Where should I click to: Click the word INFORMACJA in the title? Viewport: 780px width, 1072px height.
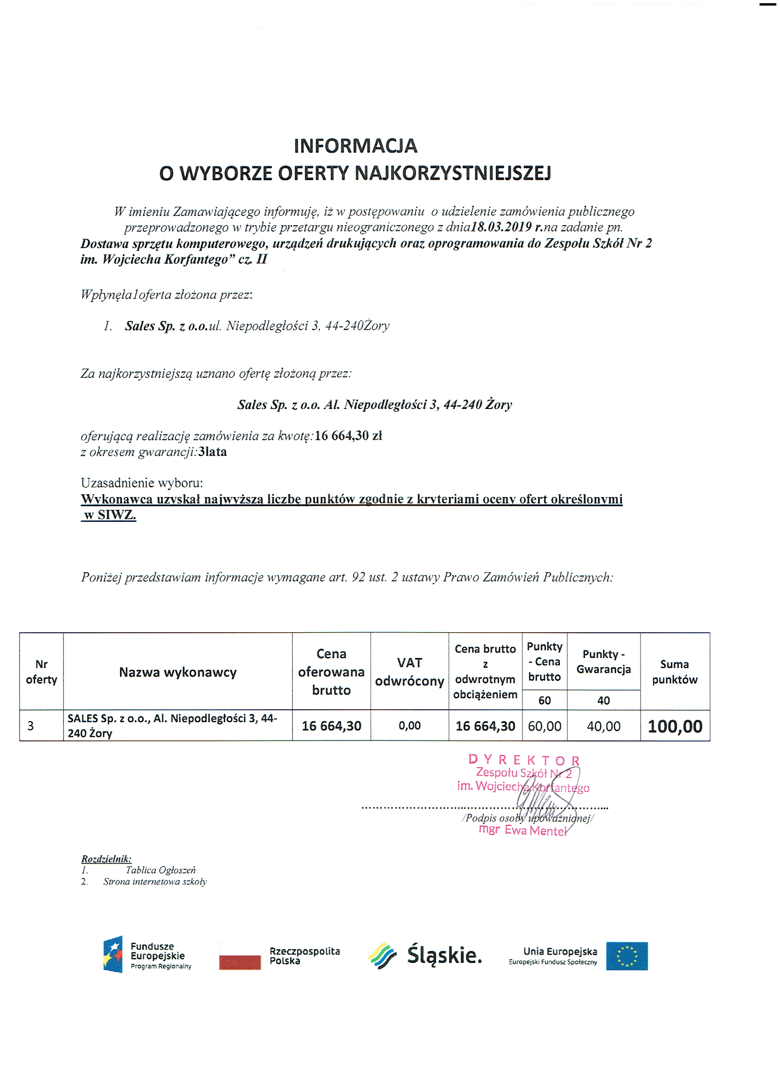pyautogui.click(x=355, y=146)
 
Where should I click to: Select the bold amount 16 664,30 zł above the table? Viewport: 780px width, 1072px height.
pyautogui.click(x=348, y=436)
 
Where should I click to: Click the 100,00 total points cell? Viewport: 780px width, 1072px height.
pyautogui.click(x=674, y=726)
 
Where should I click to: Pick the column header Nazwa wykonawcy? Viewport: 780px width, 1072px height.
pyautogui.click(x=178, y=672)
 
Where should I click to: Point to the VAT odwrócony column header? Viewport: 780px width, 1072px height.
pyautogui.click(x=409, y=672)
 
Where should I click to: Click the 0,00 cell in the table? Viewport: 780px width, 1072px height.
pyautogui.click(x=409, y=725)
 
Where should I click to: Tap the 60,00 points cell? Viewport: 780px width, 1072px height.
pyautogui.click(x=545, y=726)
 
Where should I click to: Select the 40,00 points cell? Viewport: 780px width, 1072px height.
pyautogui.click(x=603, y=726)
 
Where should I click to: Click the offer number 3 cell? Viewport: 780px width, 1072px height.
pyautogui.click(x=31, y=726)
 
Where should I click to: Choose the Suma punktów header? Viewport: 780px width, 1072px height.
pyautogui.click(x=674, y=672)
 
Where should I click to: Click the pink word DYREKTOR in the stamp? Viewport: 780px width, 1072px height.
pyautogui.click(x=524, y=760)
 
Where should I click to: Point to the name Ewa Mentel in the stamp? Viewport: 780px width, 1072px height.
pyautogui.click(x=535, y=830)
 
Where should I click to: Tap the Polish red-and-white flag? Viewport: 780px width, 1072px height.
pyautogui.click(x=240, y=956)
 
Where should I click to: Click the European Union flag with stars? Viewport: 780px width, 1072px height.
pyautogui.click(x=627, y=956)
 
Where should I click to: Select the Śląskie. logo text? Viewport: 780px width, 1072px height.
pyautogui.click(x=444, y=955)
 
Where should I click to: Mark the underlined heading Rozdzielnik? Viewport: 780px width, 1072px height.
pyautogui.click(x=106, y=859)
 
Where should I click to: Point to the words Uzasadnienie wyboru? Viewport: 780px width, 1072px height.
pyautogui.click(x=142, y=483)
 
